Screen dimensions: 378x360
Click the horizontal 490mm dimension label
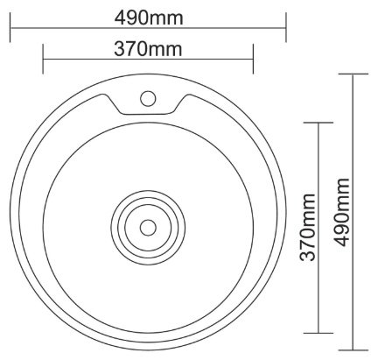(x=149, y=18)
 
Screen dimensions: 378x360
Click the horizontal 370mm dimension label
(x=148, y=49)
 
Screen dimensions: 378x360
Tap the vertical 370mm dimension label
(x=308, y=227)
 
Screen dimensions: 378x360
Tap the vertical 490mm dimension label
(x=342, y=212)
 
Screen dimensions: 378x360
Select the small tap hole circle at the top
(x=148, y=99)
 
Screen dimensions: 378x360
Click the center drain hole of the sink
(x=148, y=228)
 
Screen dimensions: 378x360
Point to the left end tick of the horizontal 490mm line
(x=10, y=28)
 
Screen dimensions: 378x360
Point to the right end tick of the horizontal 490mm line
(x=285, y=28)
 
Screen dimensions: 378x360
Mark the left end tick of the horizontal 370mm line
(x=43, y=59)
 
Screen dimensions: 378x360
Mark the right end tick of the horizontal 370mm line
(x=253, y=59)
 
